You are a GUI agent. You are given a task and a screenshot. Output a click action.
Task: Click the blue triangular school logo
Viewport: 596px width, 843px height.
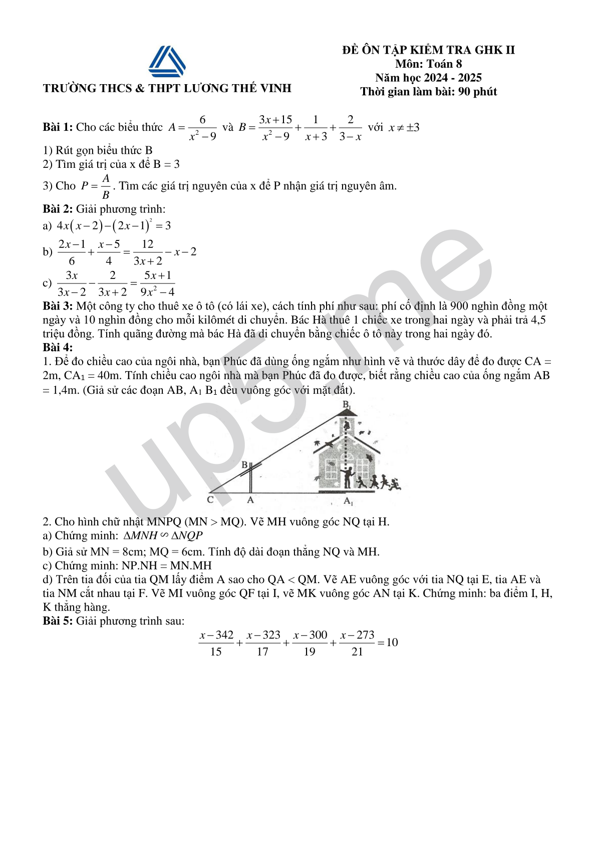pos(167,62)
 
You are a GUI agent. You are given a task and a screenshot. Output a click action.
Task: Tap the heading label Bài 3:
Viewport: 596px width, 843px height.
pos(58,306)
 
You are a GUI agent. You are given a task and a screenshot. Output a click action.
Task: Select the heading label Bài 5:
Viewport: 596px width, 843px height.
pos(58,621)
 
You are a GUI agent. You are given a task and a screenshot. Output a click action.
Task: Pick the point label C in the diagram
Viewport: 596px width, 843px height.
pos(210,499)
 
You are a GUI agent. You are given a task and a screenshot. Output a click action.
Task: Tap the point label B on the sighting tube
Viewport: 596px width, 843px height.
pos(244,465)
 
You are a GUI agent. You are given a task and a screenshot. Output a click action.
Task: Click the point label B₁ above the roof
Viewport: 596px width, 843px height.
pos(347,404)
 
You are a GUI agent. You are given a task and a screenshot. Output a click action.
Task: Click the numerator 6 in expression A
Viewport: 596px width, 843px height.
pos(202,120)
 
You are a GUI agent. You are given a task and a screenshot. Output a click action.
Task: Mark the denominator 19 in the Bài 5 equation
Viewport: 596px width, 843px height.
pos(310,652)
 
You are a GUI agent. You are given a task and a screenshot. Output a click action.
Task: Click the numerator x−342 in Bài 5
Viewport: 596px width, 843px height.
pos(216,635)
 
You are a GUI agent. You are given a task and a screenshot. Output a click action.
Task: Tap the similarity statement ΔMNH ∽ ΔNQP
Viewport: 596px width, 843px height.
pos(163,535)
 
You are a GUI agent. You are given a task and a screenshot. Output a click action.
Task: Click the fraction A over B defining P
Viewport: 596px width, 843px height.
pos(106,186)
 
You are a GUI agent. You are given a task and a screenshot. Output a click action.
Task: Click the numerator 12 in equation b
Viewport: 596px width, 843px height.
pos(147,244)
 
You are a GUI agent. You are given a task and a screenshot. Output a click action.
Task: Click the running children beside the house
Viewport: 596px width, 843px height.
pos(379,482)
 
